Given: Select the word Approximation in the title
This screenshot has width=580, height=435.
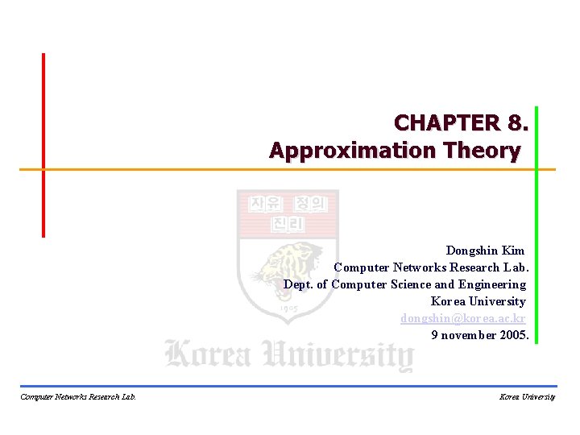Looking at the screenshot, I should click(x=348, y=151).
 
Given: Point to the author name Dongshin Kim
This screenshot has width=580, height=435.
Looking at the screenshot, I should click(x=485, y=251).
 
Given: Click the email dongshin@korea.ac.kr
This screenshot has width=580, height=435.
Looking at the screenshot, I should click(x=463, y=318).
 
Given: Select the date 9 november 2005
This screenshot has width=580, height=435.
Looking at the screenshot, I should click(x=479, y=335).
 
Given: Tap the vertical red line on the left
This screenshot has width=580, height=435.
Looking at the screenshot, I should click(x=43, y=145).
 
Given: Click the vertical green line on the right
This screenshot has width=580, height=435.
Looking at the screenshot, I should click(x=536, y=226).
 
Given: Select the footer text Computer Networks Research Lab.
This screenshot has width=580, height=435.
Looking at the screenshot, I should click(x=77, y=396).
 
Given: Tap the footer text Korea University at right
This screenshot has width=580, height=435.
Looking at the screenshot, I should click(x=527, y=396).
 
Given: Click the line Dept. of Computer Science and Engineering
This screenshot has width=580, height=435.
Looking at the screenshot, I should click(x=404, y=284).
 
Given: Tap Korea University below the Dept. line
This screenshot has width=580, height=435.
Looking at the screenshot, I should click(x=478, y=301).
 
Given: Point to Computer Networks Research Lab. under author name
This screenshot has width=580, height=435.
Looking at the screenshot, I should click(x=431, y=267).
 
